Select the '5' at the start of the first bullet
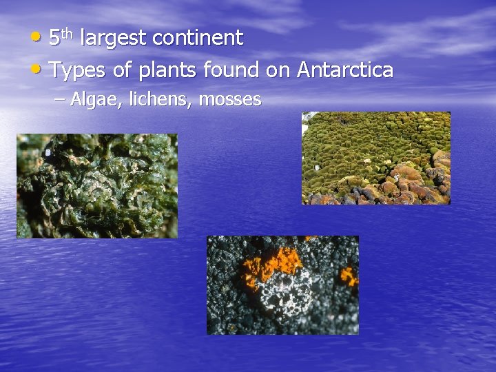55,39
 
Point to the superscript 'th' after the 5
68,32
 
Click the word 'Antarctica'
345,70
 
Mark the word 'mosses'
230,100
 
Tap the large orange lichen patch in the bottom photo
271,265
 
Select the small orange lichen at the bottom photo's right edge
349,276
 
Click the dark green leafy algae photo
96,186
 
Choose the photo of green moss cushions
376,158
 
